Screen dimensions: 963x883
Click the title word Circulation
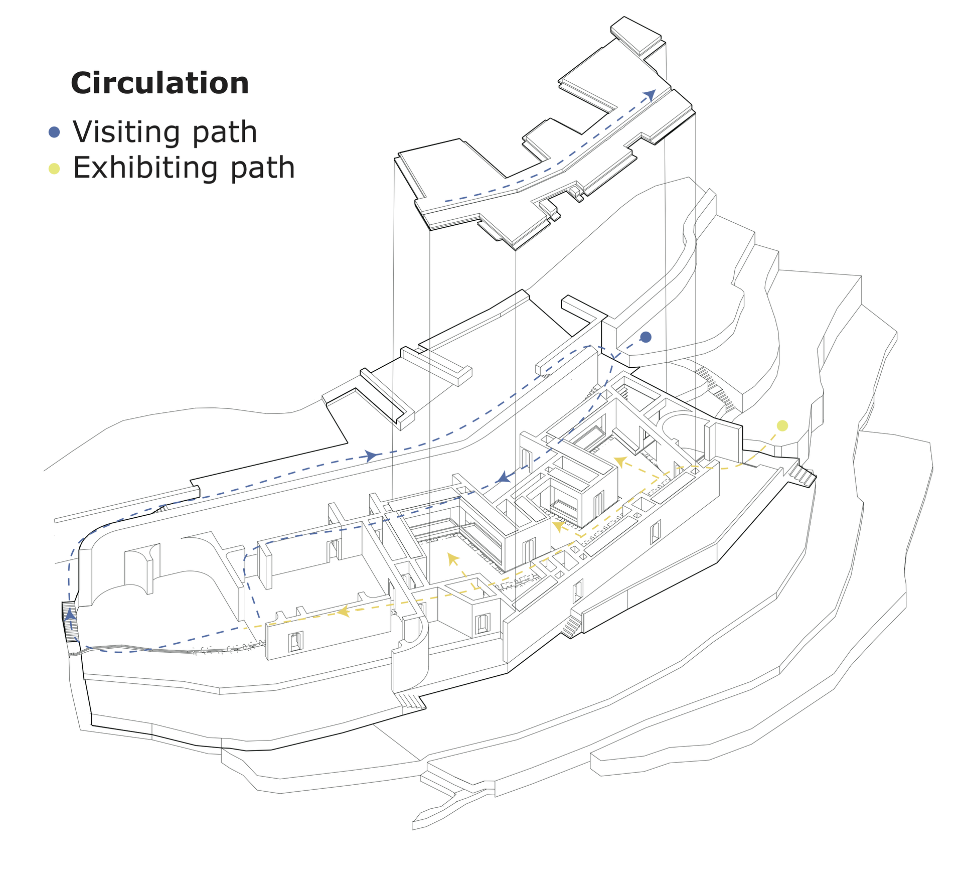coord(159,83)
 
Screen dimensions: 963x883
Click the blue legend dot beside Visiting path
coord(54,132)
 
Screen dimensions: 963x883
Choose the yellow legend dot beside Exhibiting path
coord(54,169)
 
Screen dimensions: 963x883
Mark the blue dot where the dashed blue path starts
coord(646,337)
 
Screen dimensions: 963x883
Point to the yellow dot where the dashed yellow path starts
coord(782,426)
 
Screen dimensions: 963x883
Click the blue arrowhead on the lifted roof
coord(650,95)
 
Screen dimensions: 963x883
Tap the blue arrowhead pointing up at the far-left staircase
coord(71,614)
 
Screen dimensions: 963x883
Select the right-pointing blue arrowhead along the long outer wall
coord(372,456)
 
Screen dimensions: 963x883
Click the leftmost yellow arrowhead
coord(344,611)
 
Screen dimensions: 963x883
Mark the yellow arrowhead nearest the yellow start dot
coord(620,461)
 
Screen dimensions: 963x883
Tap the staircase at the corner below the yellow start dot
coord(802,475)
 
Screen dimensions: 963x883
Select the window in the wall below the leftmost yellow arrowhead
coord(295,642)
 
